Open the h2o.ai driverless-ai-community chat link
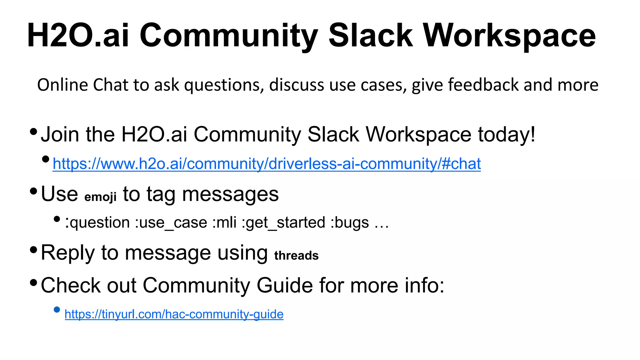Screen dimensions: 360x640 267,164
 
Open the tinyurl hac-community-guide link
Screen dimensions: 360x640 174,314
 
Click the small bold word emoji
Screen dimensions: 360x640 100,197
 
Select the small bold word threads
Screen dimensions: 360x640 296,255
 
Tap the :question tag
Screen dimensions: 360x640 97,223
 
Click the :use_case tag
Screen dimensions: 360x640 171,223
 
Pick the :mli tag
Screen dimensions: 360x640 224,223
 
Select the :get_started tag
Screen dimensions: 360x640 283,223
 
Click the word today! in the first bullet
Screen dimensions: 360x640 506,135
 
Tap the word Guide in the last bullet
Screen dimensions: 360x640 285,285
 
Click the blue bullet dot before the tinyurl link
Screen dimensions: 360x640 57,310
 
